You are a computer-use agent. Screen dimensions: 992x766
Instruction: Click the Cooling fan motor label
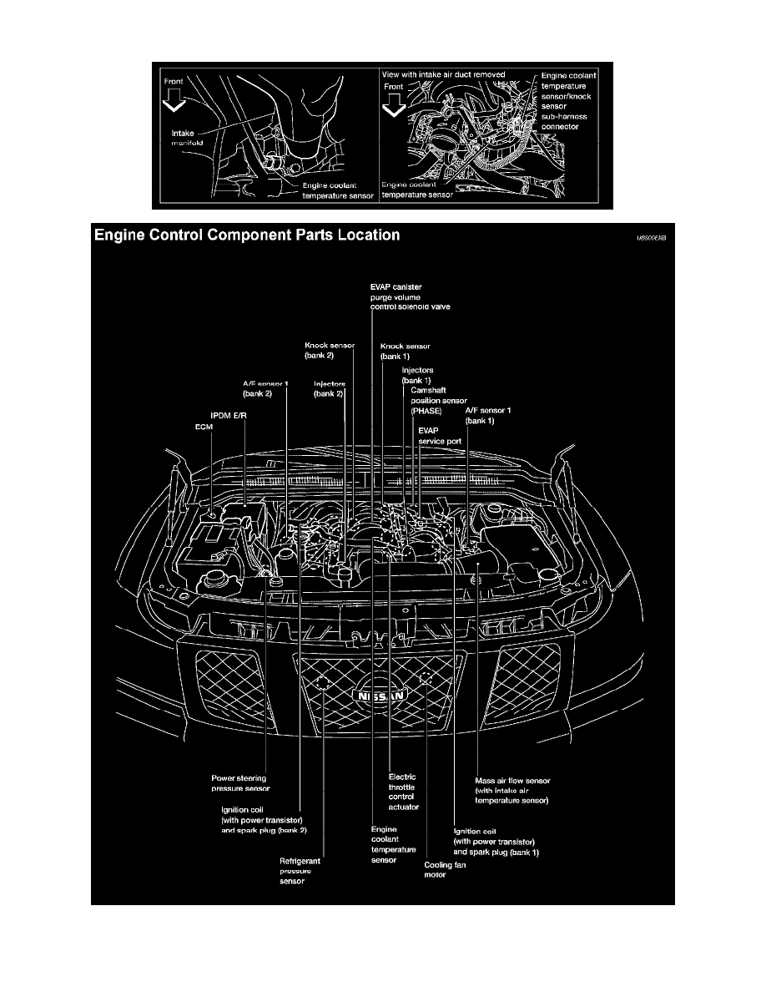pyautogui.click(x=445, y=870)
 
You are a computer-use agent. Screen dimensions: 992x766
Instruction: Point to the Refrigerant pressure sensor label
pyautogui.click(x=300, y=870)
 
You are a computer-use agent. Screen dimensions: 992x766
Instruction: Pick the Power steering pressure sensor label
pyautogui.click(x=240, y=782)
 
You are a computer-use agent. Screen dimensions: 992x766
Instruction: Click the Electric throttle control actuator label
pyautogui.click(x=404, y=792)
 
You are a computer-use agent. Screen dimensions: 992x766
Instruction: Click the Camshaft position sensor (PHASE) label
pyautogui.click(x=438, y=400)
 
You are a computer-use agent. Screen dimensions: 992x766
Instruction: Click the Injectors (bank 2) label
pyautogui.click(x=330, y=388)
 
